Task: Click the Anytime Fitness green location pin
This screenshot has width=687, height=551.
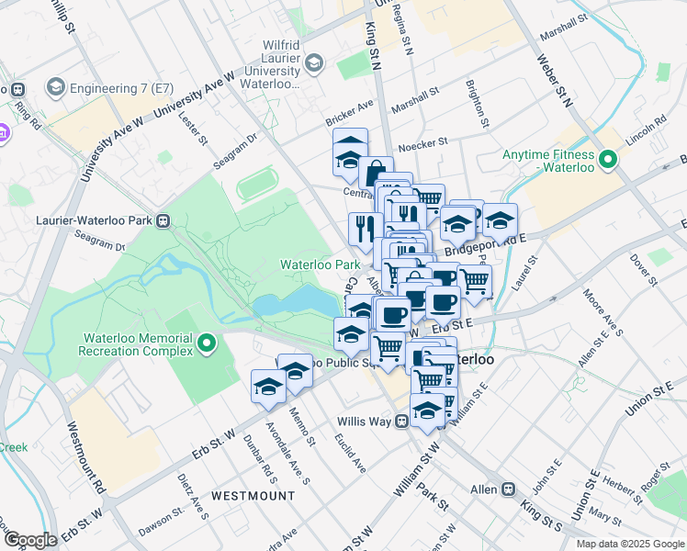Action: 606,163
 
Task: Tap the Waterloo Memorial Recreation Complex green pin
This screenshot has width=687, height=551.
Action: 207,344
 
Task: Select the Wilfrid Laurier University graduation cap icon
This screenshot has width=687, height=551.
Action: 315,62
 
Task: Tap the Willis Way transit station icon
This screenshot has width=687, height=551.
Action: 401,422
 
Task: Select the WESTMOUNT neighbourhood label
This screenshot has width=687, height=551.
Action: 253,496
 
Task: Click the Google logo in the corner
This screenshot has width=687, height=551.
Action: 30,539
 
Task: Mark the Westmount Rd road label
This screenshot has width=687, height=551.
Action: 86,455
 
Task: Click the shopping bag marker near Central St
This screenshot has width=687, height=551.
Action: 376,172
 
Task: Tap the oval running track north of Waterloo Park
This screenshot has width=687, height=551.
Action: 263,187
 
